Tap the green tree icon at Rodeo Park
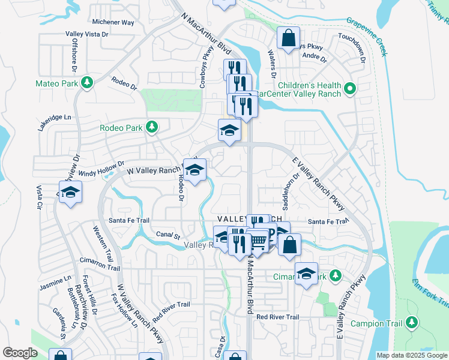(152, 127)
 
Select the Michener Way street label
(113, 22)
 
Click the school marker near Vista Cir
(71, 192)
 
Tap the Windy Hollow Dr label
(101, 167)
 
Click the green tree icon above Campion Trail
(412, 323)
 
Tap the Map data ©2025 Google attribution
(411, 355)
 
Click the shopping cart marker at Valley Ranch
(258, 242)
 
